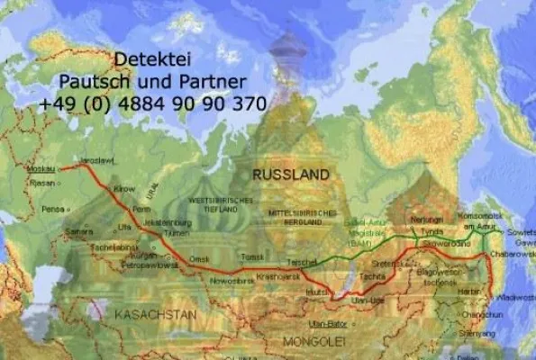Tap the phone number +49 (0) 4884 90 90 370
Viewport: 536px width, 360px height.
click(x=152, y=104)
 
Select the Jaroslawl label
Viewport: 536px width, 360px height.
click(x=96, y=160)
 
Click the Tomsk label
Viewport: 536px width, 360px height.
click(x=253, y=256)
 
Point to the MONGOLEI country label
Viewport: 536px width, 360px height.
click(x=314, y=342)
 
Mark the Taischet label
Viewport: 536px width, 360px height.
click(x=301, y=261)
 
